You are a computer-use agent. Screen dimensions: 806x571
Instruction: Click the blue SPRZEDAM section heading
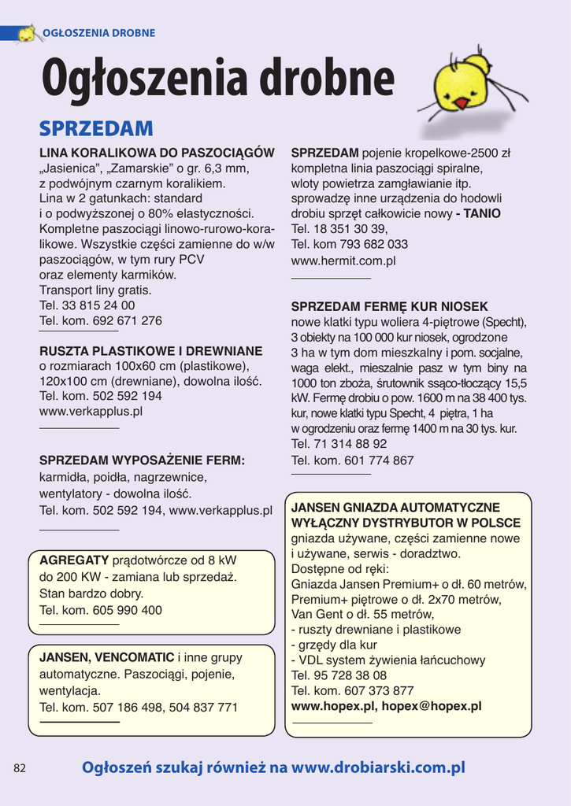(96, 128)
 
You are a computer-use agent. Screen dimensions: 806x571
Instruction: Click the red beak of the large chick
(462, 103)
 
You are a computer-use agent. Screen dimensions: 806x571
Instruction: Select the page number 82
(20, 768)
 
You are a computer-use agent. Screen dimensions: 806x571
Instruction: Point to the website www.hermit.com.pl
(343, 260)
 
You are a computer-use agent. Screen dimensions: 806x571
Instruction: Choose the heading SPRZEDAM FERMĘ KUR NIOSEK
(390, 307)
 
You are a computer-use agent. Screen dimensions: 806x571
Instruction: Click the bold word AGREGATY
(74, 560)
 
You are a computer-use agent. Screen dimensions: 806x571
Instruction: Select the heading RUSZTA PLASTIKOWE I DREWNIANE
(151, 351)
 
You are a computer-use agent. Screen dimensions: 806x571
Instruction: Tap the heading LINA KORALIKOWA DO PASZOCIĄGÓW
(157, 153)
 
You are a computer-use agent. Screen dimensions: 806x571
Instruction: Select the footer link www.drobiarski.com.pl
(378, 767)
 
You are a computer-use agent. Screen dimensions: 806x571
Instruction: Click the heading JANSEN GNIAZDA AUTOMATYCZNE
(395, 508)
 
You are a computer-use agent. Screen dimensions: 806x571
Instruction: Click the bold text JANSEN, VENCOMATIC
(107, 657)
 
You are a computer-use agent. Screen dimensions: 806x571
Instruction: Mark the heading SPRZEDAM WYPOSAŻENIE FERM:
(143, 460)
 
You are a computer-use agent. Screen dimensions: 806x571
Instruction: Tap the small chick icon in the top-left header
(26, 34)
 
